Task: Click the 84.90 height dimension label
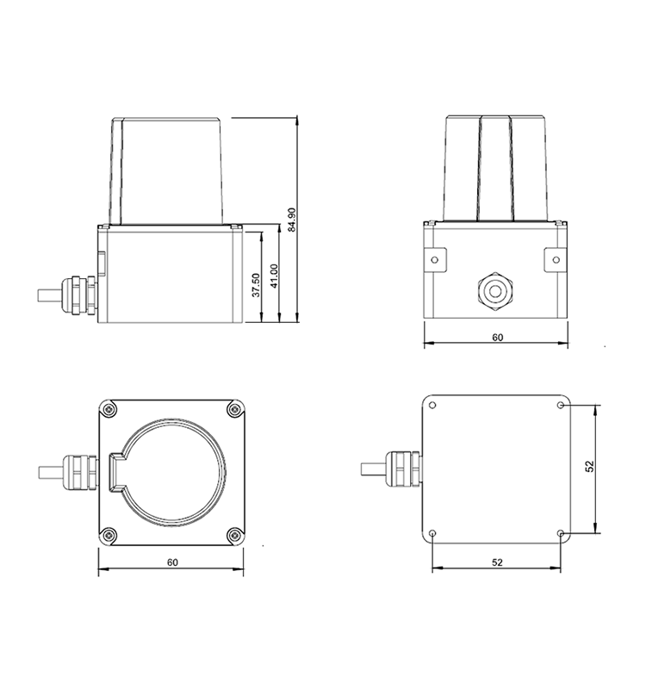click(x=291, y=220)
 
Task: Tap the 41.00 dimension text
click(x=274, y=276)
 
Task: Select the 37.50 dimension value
click(x=256, y=285)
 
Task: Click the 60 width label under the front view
click(x=497, y=338)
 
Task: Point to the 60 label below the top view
click(x=173, y=562)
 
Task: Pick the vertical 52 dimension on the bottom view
click(x=590, y=466)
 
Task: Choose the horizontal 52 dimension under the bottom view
click(x=497, y=562)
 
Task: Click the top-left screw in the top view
click(x=108, y=410)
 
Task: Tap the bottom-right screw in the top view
click(x=235, y=535)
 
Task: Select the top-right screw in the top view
click(x=235, y=410)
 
